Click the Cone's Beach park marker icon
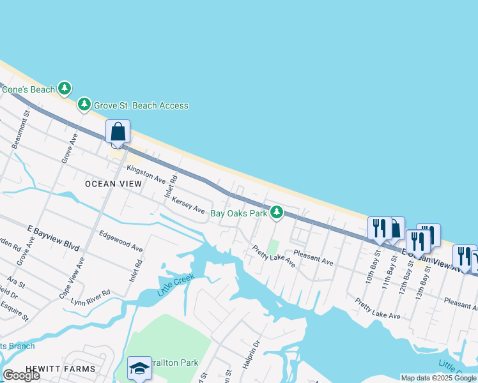click(64, 88)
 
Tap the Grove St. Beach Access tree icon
click(84, 104)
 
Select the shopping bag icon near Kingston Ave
click(119, 132)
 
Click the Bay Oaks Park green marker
click(276, 212)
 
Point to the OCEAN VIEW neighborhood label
click(109, 184)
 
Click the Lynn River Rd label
click(91, 296)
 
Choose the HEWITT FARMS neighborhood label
click(61, 369)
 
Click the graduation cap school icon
click(139, 368)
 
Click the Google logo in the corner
click(22, 375)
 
